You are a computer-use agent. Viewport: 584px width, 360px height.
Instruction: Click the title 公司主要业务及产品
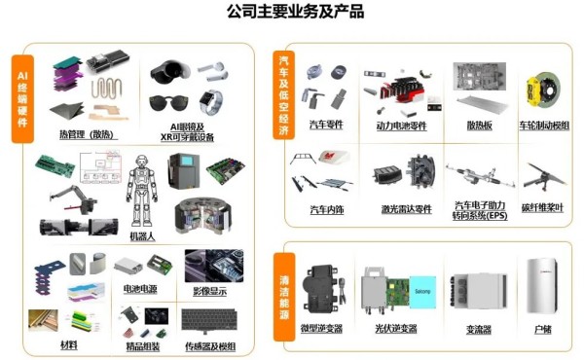click(292, 13)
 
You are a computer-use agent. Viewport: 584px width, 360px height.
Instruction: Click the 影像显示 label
click(208, 289)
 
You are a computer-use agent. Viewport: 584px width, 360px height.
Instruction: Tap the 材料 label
click(68, 344)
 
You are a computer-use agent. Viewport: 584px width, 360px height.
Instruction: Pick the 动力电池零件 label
click(402, 126)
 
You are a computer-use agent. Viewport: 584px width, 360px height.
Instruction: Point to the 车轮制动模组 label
click(544, 126)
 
